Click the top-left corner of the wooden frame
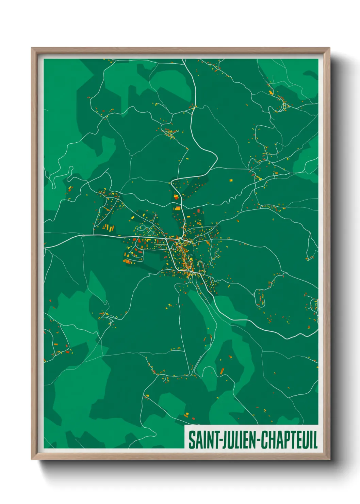click(32, 48)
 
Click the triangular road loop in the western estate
click(150, 231)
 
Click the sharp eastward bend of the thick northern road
click(216, 158)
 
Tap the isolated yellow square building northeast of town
click(231, 180)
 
